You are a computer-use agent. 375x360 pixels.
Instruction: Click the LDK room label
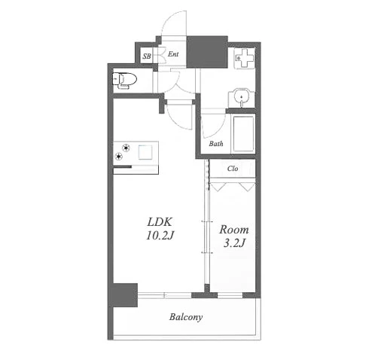click(x=160, y=222)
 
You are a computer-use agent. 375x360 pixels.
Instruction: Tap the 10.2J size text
click(x=160, y=236)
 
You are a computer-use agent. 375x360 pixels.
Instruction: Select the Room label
click(x=234, y=230)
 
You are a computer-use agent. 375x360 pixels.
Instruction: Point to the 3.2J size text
click(x=234, y=243)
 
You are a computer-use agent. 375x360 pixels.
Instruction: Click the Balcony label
click(x=186, y=317)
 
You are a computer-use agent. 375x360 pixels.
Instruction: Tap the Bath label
click(x=216, y=144)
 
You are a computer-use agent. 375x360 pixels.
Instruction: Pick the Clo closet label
click(x=233, y=168)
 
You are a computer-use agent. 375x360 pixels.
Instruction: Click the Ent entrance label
click(x=173, y=54)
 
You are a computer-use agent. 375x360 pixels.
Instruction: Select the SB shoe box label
click(x=147, y=56)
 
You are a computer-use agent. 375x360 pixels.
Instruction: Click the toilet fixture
click(x=124, y=81)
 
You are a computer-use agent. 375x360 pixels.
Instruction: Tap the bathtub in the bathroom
click(x=243, y=134)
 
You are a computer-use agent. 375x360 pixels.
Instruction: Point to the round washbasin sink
click(x=241, y=96)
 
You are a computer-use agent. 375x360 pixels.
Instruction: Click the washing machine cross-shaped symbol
click(x=244, y=58)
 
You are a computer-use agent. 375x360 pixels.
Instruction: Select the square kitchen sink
click(x=145, y=152)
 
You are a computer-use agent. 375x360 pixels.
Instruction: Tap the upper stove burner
click(x=126, y=148)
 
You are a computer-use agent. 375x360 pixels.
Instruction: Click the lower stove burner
click(x=118, y=157)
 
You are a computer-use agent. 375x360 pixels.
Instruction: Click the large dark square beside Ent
click(x=207, y=52)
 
